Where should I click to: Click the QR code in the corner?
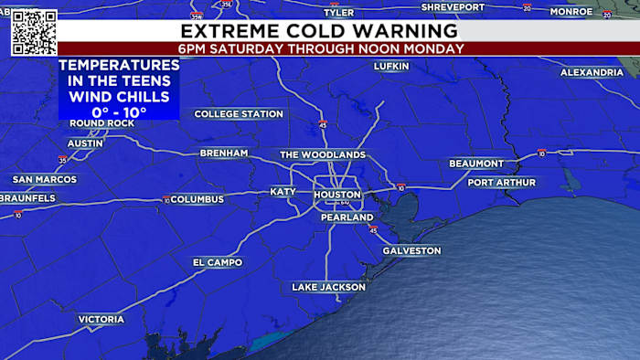[x=34, y=32]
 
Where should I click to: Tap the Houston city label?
[x=337, y=196]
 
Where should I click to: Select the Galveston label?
[x=411, y=250]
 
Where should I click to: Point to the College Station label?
[x=239, y=114]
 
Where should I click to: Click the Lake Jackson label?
[x=328, y=287]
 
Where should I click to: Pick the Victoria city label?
[x=101, y=319]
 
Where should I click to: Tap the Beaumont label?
[x=476, y=164]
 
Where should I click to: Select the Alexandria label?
[x=592, y=72]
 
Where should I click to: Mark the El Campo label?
[x=218, y=262]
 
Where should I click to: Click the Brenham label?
[x=223, y=154]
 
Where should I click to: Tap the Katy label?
[x=283, y=192]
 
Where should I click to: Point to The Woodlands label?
[x=323, y=154]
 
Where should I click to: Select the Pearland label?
[x=347, y=217]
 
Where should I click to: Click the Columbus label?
[x=197, y=199]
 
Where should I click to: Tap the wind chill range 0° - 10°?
[x=120, y=110]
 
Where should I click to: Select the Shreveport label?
[x=453, y=7]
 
